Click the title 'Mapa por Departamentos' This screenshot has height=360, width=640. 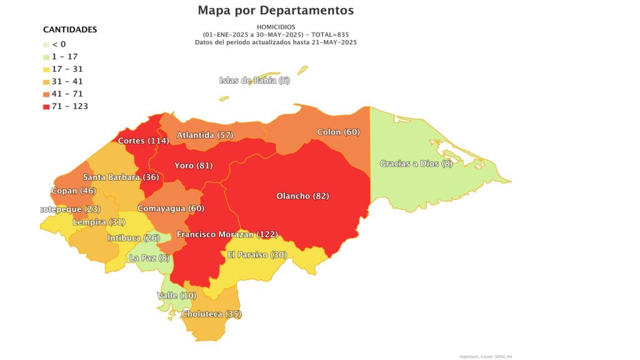pyautogui.click(x=276, y=11)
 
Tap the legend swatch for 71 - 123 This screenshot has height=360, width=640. pyautogui.click(x=46, y=106)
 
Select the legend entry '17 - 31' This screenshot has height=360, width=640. pyautogui.click(x=67, y=69)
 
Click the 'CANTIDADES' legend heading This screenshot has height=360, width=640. pyautogui.click(x=69, y=29)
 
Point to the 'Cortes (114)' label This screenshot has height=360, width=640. pyautogui.click(x=143, y=141)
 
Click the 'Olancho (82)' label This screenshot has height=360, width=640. pyautogui.click(x=302, y=196)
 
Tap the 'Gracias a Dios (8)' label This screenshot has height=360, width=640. pyautogui.click(x=416, y=164)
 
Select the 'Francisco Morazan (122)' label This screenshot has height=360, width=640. pyautogui.click(x=227, y=234)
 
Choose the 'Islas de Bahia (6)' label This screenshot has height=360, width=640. pyautogui.click(x=255, y=80)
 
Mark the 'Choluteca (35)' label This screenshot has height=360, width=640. pyautogui.click(x=211, y=314)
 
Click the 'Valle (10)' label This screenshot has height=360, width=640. pyautogui.click(x=176, y=295)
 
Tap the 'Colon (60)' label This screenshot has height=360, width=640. pyautogui.click(x=338, y=132)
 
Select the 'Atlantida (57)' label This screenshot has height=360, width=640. pyautogui.click(x=204, y=135)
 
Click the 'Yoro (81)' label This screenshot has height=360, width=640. pyautogui.click(x=194, y=166)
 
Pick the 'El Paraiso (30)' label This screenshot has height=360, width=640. pyautogui.click(x=257, y=254)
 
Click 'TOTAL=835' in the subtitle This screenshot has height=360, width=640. pyautogui.click(x=326, y=34)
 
